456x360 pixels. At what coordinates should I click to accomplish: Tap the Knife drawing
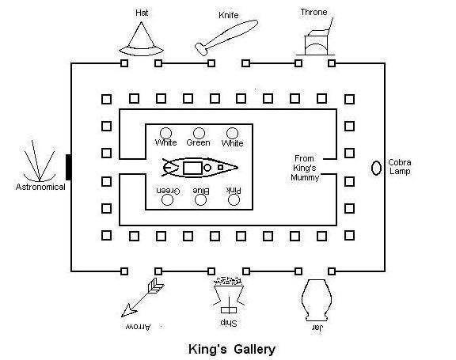coord(226,37)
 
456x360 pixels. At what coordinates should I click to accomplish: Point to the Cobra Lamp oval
coord(376,168)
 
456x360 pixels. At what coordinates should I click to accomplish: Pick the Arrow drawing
coord(142,297)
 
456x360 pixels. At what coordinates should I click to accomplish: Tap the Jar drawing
coord(317,300)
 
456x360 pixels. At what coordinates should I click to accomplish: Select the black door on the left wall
coord(69,168)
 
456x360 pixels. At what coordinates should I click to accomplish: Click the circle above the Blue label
coord(200,200)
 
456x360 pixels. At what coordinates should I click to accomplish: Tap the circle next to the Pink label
coord(234,200)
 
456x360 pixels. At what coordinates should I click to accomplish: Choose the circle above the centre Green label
coord(199,134)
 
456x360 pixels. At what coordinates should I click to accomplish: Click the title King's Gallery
coord(232,349)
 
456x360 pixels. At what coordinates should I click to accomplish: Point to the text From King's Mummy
coord(305,168)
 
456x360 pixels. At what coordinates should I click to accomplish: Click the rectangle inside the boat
coord(192,169)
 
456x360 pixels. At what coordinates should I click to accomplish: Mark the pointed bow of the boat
coord(237,168)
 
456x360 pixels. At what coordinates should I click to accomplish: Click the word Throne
coord(313,12)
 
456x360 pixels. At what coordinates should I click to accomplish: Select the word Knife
coord(229,15)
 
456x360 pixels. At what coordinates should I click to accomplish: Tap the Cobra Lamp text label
coord(400,167)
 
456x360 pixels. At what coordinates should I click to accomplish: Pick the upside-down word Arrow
coord(138,327)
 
